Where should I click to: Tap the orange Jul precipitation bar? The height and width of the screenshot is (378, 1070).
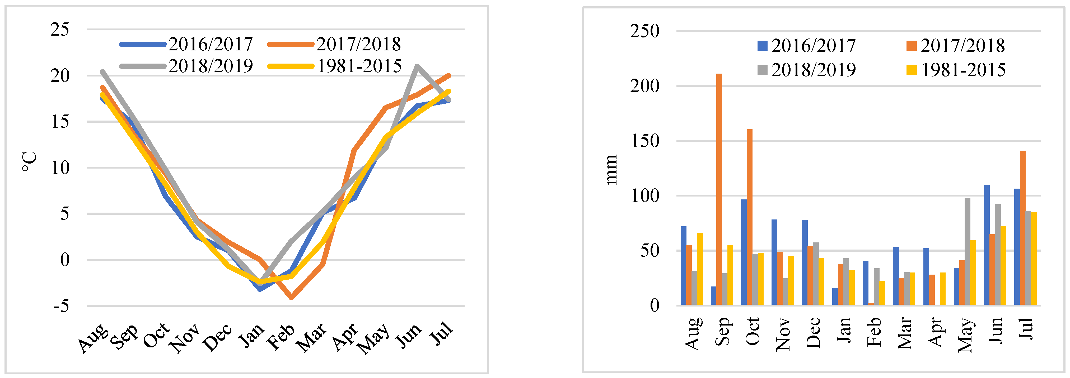click(1023, 228)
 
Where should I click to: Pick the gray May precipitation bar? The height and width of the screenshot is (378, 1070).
click(968, 251)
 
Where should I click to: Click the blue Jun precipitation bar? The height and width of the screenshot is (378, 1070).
click(987, 245)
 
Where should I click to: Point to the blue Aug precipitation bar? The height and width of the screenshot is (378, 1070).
click(683, 266)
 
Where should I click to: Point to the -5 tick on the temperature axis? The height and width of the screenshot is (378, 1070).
click(62, 306)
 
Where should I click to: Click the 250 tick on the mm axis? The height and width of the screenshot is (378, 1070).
click(644, 31)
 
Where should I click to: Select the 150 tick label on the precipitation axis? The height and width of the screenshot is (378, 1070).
click(644, 141)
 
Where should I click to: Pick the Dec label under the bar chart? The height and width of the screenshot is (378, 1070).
click(813, 332)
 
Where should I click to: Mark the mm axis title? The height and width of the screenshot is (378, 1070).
click(611, 169)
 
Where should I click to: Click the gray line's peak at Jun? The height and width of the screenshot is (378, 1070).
click(417, 66)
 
